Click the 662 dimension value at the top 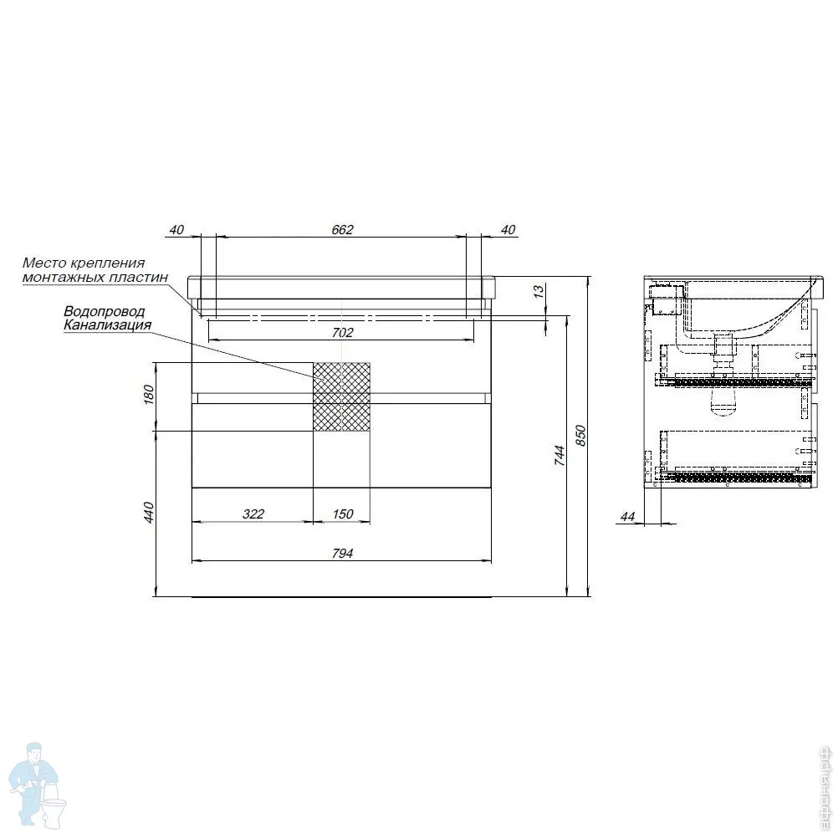coord(343,229)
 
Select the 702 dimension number coord(343,332)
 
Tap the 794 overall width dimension coord(343,553)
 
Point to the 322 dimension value coord(253,514)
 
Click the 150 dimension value coord(343,514)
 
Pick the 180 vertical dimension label coord(149,395)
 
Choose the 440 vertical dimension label coord(149,513)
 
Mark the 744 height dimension coord(560,455)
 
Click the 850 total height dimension coord(581,436)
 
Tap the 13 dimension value coord(539,291)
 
